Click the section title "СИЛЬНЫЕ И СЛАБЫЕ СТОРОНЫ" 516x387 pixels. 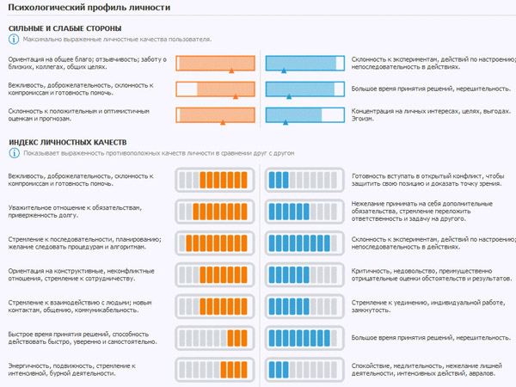(x=64, y=28)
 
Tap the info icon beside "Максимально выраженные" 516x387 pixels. (x=14, y=40)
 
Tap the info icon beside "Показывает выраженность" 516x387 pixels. (x=14, y=152)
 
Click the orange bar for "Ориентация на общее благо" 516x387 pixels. (x=216, y=63)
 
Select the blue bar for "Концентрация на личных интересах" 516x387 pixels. (x=304, y=115)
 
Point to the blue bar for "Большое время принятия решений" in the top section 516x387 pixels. (x=304, y=89)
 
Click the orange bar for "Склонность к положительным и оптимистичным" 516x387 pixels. (x=216, y=115)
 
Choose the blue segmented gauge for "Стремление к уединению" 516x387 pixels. (x=304, y=307)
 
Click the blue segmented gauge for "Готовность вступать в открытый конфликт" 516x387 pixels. (x=304, y=180)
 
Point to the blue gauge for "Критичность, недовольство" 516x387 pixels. (x=304, y=275)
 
